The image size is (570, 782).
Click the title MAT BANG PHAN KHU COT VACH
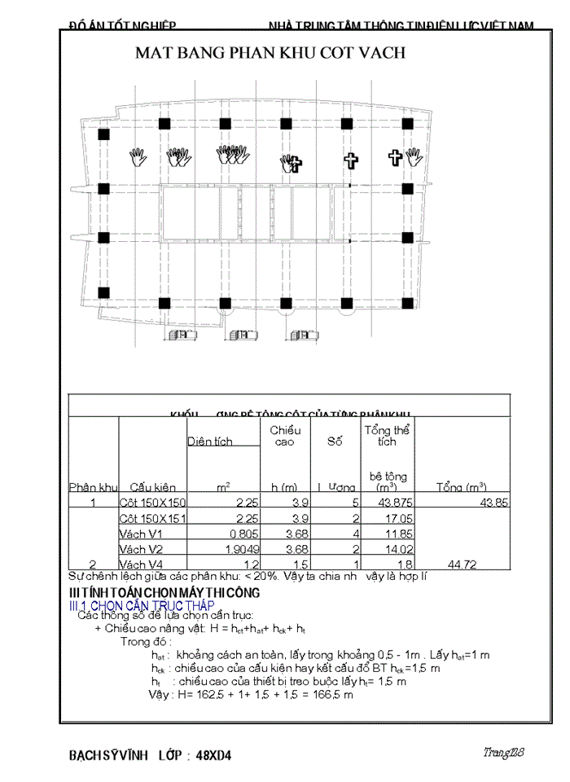270,54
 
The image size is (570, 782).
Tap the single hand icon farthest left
138,157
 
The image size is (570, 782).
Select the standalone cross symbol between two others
350,160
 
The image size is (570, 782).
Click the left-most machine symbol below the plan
178,335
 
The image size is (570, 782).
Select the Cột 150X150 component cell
153,503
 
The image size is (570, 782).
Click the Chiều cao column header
285,436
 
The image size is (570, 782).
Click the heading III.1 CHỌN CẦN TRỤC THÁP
141,606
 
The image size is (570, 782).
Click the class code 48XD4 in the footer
213,755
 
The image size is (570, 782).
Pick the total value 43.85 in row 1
493,503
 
